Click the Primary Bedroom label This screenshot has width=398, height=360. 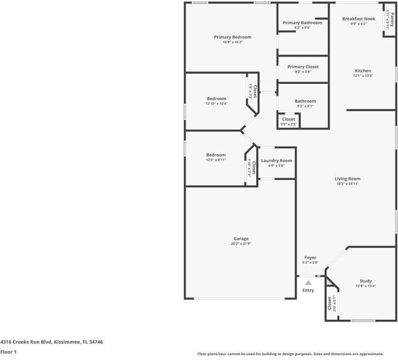point(233,37)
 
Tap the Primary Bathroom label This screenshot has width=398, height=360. point(303,23)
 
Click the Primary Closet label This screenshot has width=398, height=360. point(303,67)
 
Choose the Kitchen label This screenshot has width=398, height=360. point(363,71)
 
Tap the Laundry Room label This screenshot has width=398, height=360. point(276,160)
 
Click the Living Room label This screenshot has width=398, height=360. point(348,179)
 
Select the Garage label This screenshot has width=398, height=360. point(240,239)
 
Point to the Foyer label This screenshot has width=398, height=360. point(310,257)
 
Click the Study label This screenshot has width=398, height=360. point(366,281)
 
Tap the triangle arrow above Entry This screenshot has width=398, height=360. point(308,282)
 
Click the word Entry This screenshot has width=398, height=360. point(308,290)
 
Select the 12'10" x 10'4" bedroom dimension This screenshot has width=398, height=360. point(217,104)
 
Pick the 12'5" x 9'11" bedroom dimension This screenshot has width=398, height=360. point(216,160)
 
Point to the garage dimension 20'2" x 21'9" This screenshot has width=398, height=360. point(240,244)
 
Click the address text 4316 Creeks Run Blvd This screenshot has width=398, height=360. point(52,341)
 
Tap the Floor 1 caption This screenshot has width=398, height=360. point(8,353)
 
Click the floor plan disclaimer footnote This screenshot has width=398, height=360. point(290,353)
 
